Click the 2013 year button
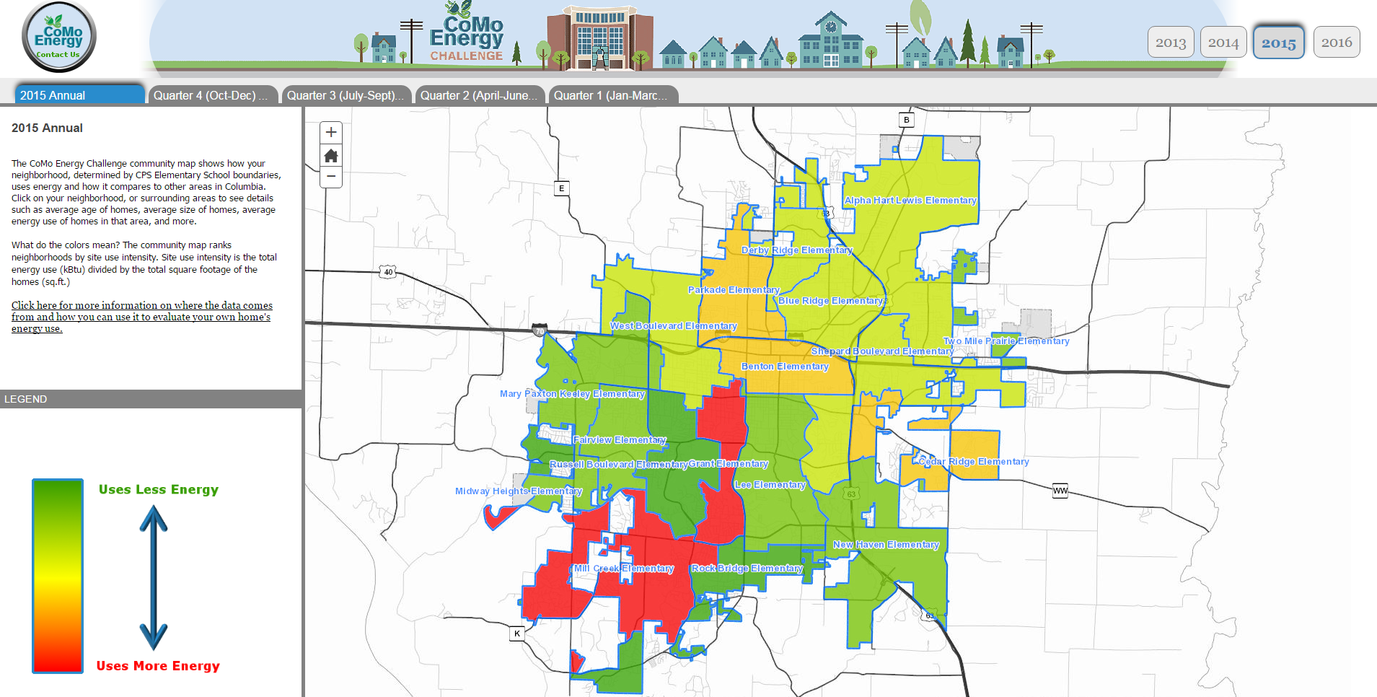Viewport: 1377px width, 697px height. pos(1170,43)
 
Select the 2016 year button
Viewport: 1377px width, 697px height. pos(1336,43)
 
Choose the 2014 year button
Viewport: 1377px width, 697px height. pos(1223,43)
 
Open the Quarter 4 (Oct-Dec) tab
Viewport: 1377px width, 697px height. pos(210,95)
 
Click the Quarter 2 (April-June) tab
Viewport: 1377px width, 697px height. pos(478,95)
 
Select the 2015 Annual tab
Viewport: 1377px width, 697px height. pos(79,95)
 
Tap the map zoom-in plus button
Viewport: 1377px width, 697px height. pos(331,132)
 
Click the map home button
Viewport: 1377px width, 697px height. pos(331,155)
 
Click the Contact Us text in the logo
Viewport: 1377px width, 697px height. pos(58,55)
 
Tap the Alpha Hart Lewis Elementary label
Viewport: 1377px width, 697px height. pos(910,201)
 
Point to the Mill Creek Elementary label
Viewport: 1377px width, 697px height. pos(624,569)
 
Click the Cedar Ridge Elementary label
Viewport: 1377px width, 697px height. pos(974,462)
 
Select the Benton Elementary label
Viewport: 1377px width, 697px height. pos(785,367)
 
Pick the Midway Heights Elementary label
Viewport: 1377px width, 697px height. pos(518,491)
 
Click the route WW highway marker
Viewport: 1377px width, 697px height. pos(1060,491)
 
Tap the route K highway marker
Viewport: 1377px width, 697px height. pos(517,634)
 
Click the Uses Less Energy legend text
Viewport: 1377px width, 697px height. pos(159,490)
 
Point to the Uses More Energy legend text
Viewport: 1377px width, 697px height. pos(158,666)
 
